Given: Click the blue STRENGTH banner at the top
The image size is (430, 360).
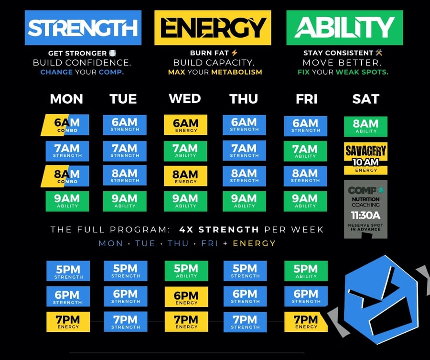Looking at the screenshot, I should point(83,28).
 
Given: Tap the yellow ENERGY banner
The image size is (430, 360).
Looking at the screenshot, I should point(213,28).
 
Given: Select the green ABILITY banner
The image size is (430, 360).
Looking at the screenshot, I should point(344,28).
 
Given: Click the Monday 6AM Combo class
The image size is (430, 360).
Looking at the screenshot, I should point(67,125).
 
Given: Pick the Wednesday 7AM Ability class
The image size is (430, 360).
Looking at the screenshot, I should point(185,151).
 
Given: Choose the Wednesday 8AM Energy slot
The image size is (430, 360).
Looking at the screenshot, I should point(185,176).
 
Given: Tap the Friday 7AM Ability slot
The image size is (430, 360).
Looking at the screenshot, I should point(305,151).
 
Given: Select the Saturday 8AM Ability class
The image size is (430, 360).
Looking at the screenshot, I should point(365,126).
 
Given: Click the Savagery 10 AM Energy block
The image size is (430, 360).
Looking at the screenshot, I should point(365,158).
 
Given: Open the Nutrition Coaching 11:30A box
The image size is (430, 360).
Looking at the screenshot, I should point(365,209).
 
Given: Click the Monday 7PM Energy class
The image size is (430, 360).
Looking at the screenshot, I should point(68,322).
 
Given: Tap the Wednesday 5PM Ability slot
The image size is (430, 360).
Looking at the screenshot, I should point(186,271).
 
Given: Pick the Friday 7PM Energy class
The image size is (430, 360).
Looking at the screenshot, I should point(305,322).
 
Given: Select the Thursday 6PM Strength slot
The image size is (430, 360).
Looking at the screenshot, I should point(245,296).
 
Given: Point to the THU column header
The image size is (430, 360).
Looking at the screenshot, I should point(244,99).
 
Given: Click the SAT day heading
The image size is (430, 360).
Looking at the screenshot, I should point(365,99).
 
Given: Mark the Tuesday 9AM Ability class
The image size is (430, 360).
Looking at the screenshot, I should point(125,201).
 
